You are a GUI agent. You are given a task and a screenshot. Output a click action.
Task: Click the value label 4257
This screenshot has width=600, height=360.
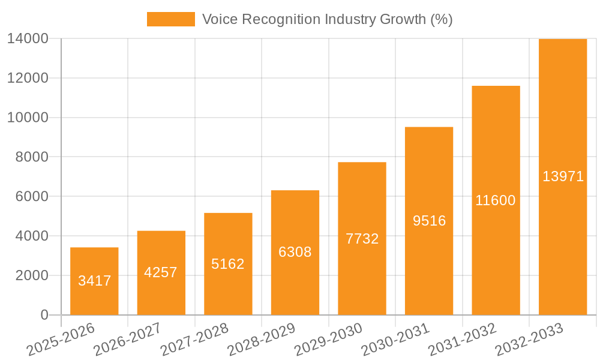point(161,272)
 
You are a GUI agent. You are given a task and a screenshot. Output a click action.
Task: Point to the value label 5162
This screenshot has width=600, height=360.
point(228,264)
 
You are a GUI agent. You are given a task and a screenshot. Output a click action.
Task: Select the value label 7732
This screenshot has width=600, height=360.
point(362,239)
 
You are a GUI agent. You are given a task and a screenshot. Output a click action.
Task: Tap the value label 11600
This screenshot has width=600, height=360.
point(496,200)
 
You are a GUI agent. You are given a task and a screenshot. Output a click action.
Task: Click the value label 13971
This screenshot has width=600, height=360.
point(563,176)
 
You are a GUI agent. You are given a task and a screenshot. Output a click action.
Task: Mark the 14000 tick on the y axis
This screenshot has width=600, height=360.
point(28,39)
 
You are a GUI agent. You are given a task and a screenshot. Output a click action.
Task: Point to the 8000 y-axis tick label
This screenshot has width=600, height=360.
point(31,157)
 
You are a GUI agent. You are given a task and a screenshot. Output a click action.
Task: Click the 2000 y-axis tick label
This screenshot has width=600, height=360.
point(31,275)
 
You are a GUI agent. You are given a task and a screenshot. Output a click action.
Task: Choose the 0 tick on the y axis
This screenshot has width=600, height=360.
point(44,315)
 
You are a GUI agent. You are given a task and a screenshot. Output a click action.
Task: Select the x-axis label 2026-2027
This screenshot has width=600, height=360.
point(127,340)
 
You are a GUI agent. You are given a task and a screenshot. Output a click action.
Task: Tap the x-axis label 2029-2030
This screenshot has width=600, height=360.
point(328,340)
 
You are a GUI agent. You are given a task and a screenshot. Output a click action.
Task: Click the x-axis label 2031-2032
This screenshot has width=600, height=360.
point(462,340)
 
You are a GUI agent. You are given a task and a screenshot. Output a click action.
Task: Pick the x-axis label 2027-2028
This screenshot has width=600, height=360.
point(194,340)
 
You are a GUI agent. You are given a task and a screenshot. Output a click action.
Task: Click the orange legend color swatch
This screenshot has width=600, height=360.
point(171,19)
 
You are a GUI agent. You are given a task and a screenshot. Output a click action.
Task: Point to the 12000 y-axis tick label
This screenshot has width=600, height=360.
point(28,78)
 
